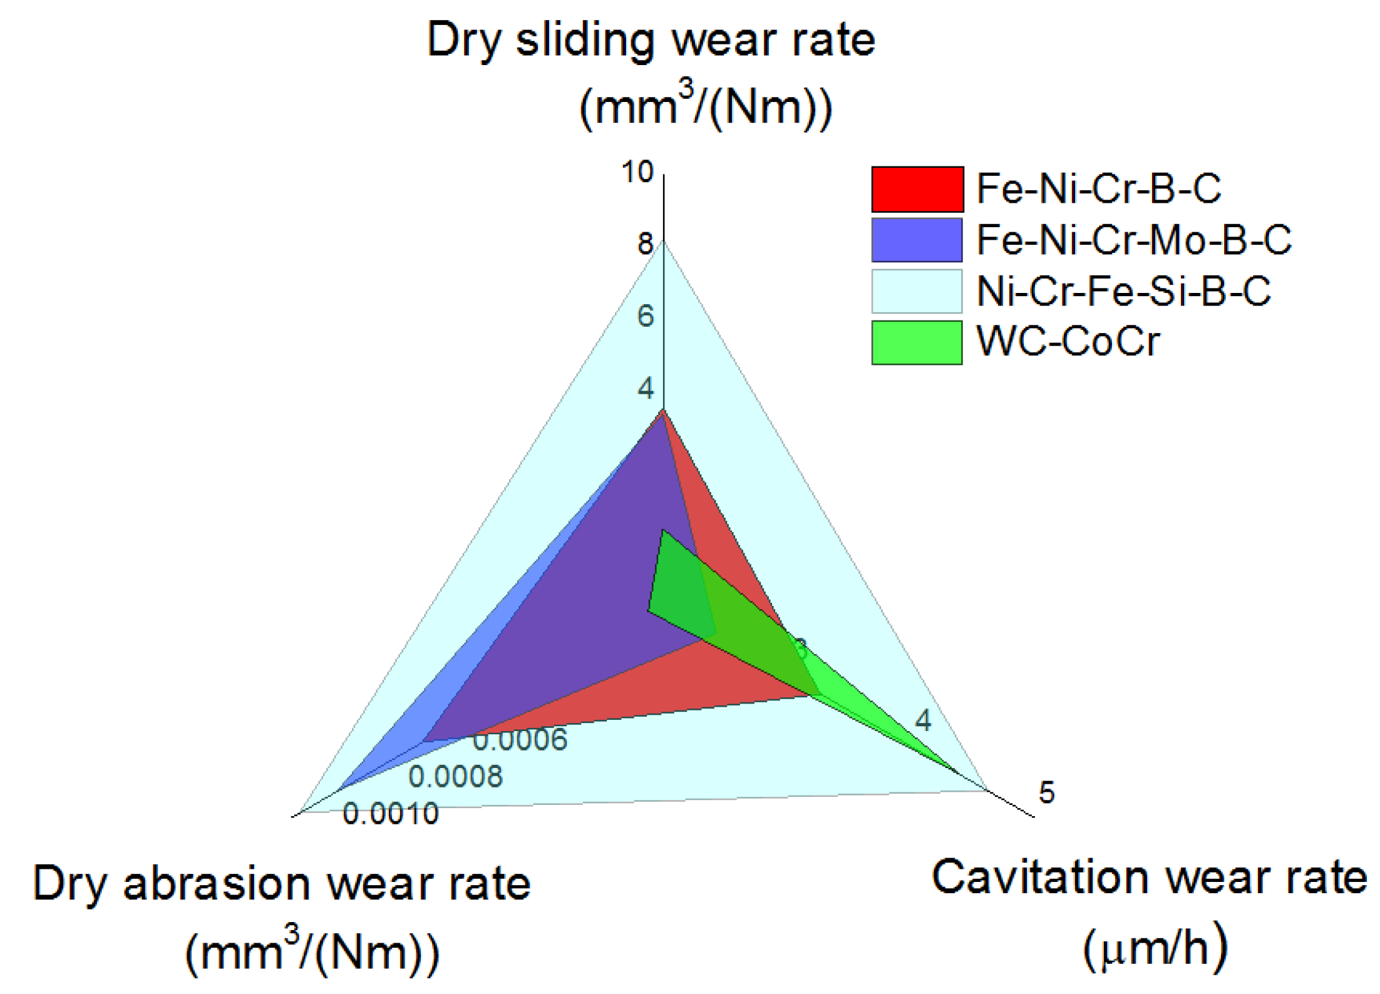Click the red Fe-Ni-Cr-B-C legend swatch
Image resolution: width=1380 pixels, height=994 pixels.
[917, 189]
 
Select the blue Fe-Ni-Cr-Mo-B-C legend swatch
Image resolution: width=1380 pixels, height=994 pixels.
[917, 240]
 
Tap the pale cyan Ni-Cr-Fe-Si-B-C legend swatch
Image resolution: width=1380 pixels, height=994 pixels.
[917, 291]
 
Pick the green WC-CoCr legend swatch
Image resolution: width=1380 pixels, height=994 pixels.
[917, 342]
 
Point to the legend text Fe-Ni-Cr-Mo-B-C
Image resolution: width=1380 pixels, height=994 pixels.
[1133, 240]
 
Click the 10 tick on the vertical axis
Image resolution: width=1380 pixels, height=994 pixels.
[637, 172]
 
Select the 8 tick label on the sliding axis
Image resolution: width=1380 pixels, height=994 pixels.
[645, 244]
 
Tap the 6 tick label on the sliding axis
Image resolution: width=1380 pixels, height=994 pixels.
[645, 316]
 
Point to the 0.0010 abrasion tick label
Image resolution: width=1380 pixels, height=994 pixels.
[391, 814]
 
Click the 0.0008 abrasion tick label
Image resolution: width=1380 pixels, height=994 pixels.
[455, 777]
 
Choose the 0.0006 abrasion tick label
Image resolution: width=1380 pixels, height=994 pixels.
[520, 740]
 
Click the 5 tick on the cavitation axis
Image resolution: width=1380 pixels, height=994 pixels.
[1046, 792]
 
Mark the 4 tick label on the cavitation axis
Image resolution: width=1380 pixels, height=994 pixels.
[923, 720]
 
